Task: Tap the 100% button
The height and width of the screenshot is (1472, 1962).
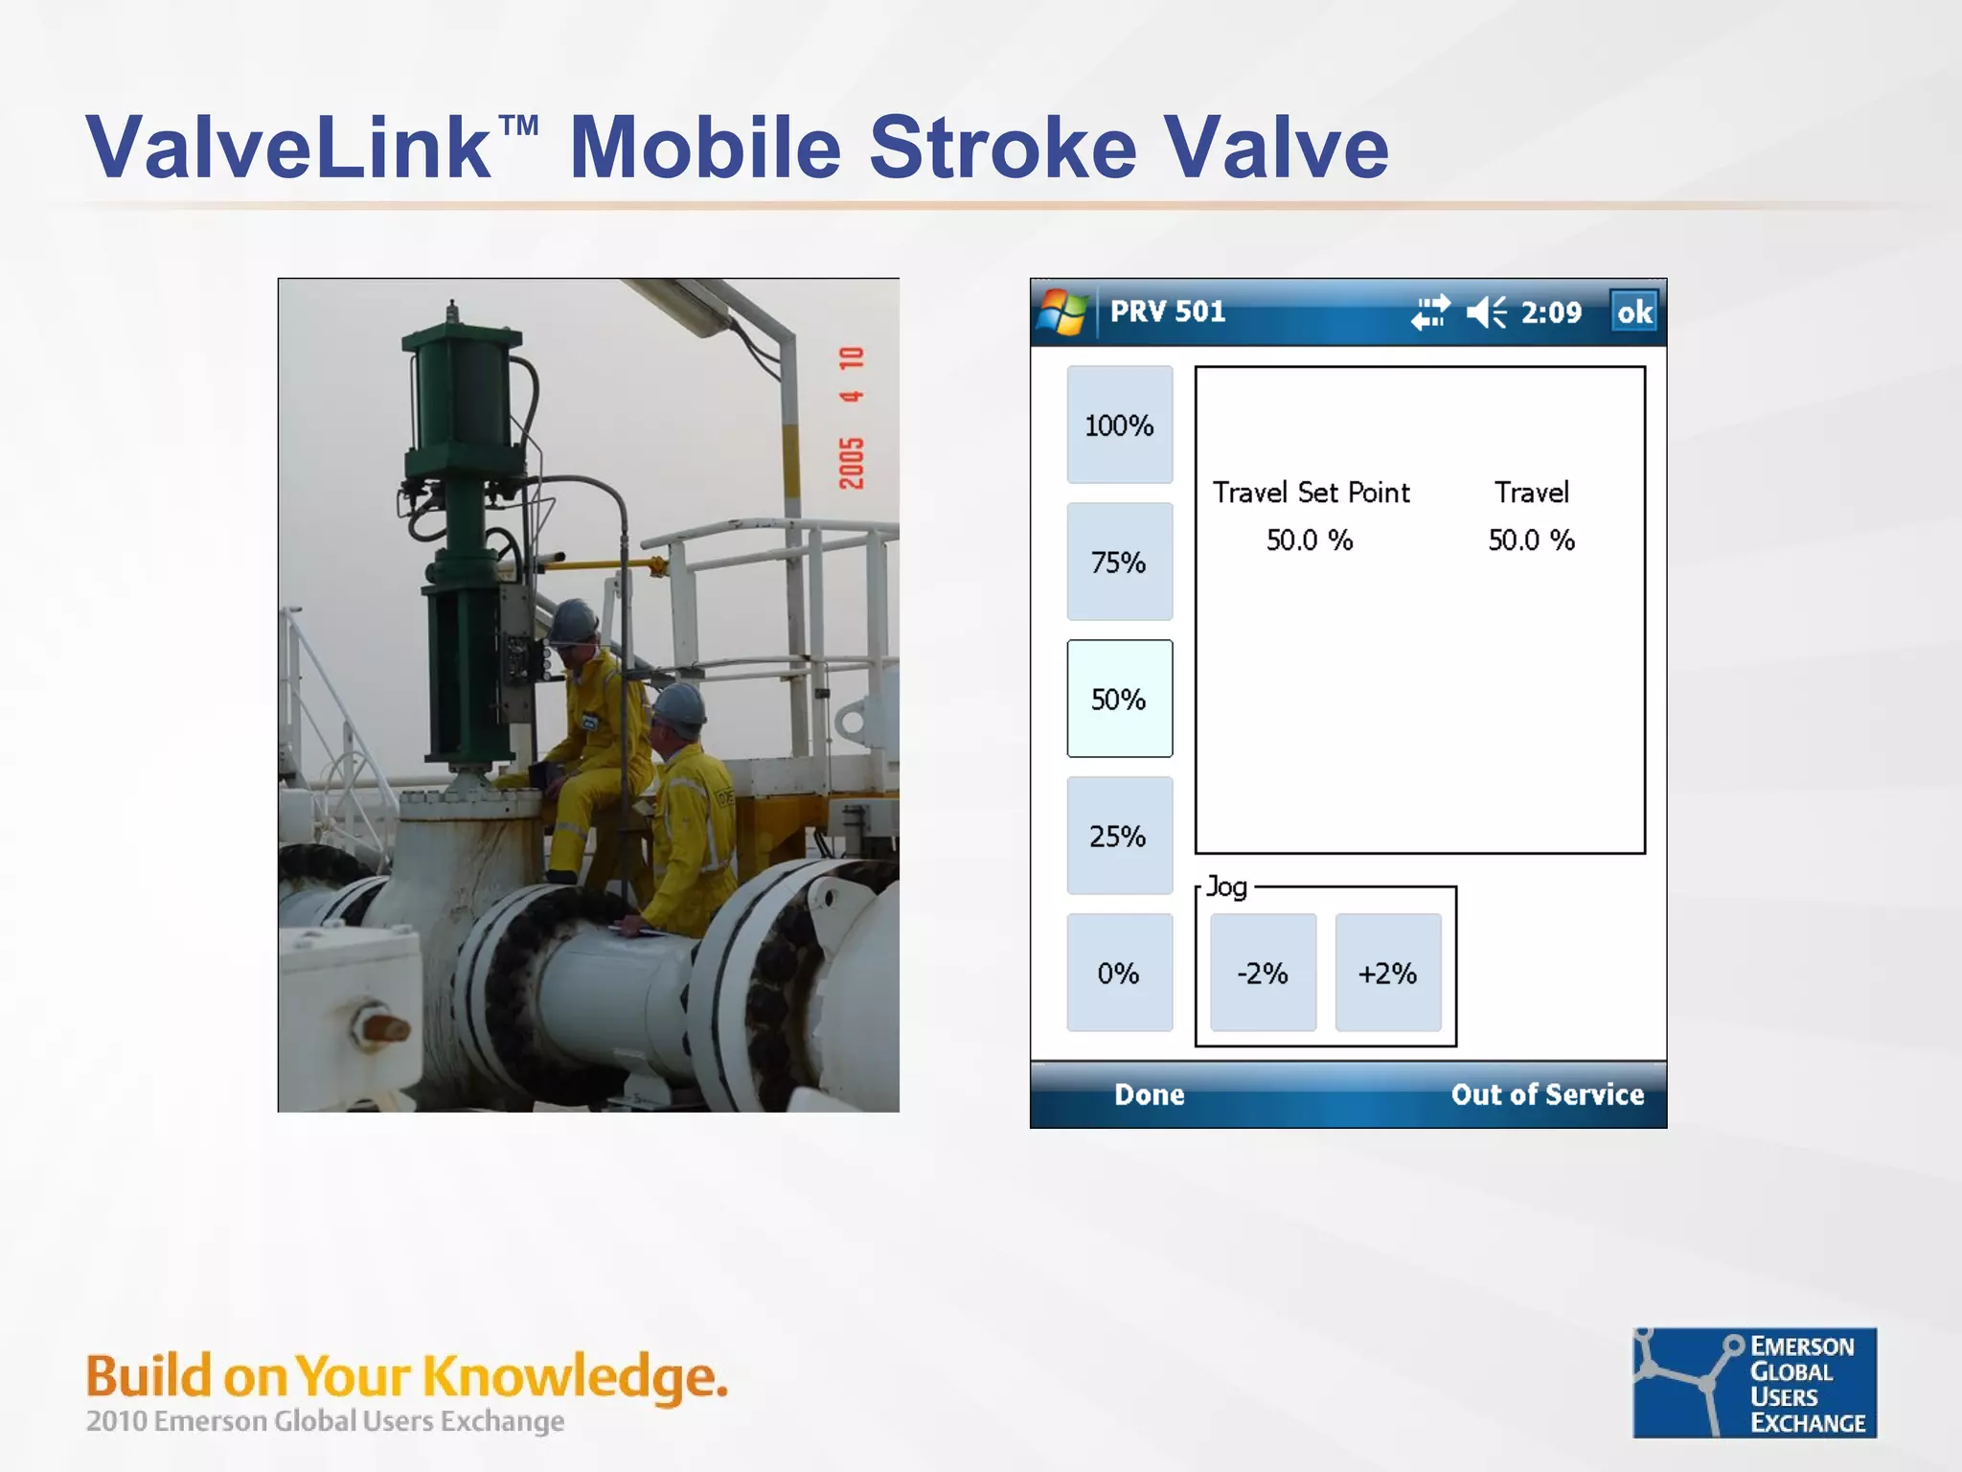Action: click(x=1119, y=425)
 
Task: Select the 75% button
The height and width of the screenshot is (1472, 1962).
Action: click(x=1119, y=562)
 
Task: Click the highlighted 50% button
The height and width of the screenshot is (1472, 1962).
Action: click(x=1119, y=699)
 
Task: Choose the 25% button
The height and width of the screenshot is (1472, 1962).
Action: click(x=1119, y=836)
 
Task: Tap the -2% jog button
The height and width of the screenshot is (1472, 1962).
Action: click(x=1263, y=973)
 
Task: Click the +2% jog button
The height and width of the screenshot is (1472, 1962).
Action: click(x=1388, y=973)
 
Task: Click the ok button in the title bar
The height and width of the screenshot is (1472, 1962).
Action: click(x=1634, y=311)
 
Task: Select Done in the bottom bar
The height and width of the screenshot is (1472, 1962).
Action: click(x=1149, y=1094)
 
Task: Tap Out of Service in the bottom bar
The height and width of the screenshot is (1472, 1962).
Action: click(x=1547, y=1094)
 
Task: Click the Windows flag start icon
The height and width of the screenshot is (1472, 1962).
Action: click(x=1062, y=312)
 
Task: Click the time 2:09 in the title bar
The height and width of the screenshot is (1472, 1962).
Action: click(x=1551, y=312)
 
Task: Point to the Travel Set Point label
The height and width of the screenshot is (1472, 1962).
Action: click(x=1311, y=493)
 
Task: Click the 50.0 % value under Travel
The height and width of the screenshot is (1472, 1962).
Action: click(x=1531, y=540)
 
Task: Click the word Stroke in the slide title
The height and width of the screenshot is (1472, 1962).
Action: click(x=1002, y=148)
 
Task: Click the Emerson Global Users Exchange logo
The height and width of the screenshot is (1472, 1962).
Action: click(x=1754, y=1382)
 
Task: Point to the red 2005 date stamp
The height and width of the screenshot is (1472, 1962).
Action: click(x=851, y=462)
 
